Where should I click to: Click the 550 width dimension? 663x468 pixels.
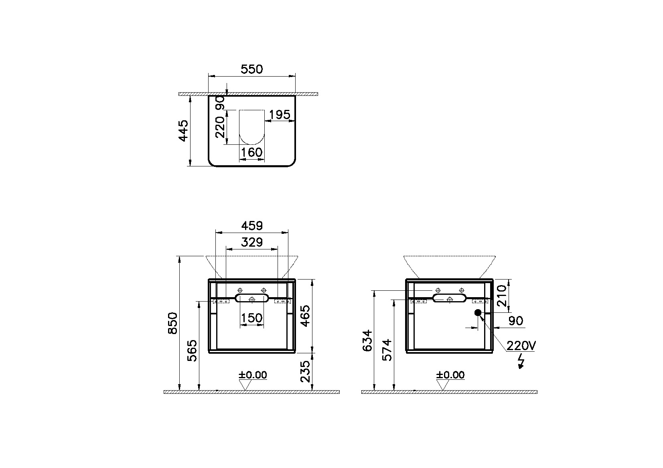tap(251, 69)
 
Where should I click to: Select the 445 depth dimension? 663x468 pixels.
tap(183, 130)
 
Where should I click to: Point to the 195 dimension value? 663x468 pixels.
tap(279, 115)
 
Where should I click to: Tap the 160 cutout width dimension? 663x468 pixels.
tap(252, 152)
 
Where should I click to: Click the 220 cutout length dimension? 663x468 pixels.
tap(220, 127)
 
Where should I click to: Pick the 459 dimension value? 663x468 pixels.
tap(251, 226)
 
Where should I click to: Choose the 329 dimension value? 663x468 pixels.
tap(251, 242)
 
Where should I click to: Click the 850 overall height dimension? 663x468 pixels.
tap(172, 323)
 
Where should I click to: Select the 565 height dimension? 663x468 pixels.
tap(193, 350)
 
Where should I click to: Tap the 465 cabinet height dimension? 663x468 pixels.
tap(306, 316)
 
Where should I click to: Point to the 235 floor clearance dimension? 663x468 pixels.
tap(306, 371)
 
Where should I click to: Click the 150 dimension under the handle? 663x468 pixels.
tap(251, 318)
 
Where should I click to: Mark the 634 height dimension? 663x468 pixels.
tap(367, 341)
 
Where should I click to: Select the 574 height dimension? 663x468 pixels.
tap(387, 350)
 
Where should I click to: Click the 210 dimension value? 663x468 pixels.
tap(502, 296)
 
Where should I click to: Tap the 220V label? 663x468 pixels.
tap(521, 345)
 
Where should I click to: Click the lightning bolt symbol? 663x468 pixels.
tap(521, 361)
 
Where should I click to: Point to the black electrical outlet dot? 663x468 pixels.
tap(478, 313)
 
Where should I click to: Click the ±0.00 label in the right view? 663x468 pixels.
tap(450, 375)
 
